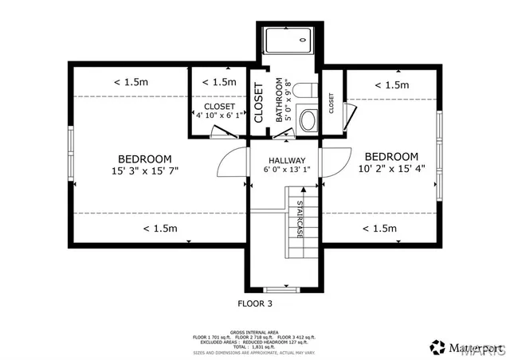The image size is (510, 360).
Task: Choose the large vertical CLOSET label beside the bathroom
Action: [258, 103]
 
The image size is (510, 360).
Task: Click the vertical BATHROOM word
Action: [280, 100]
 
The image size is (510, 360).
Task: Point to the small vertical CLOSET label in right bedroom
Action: [331, 104]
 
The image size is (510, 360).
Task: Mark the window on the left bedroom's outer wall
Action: [71, 153]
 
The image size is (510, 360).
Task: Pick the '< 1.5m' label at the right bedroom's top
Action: [391, 85]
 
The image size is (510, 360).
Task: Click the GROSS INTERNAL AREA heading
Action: [254, 331]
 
